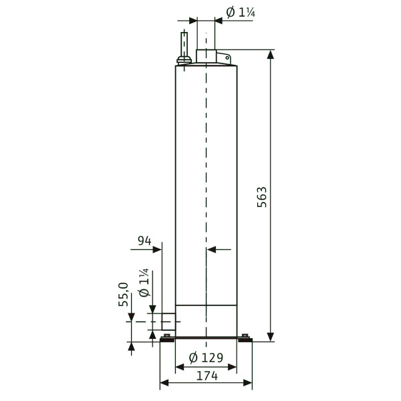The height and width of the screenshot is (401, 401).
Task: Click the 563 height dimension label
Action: [x=262, y=197]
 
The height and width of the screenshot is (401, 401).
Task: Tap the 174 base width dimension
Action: [x=207, y=376]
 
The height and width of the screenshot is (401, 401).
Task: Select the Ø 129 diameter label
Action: [x=206, y=358]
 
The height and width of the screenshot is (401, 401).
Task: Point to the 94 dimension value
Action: [x=144, y=241]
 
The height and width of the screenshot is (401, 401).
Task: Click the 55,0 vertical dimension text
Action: [x=123, y=294]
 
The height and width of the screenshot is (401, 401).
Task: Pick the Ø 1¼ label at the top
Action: [x=241, y=12]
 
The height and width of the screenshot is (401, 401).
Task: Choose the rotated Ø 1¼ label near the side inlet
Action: [x=144, y=283]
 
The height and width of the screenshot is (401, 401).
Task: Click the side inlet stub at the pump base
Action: [x=168, y=321]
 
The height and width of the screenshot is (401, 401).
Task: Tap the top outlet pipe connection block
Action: [x=206, y=56]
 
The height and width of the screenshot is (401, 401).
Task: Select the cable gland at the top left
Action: [x=184, y=61]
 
